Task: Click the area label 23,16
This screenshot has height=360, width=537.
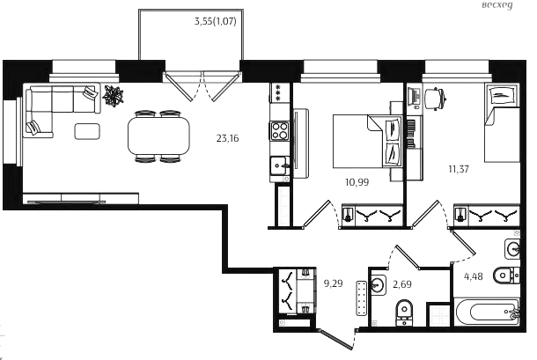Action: tap(227, 138)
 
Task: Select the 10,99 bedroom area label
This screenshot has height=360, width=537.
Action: tap(357, 182)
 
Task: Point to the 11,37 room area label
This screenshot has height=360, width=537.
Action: tap(459, 169)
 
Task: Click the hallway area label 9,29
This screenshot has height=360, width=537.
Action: tap(334, 283)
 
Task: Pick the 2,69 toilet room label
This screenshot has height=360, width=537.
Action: tap(402, 284)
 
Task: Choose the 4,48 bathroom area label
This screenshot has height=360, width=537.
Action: tap(474, 276)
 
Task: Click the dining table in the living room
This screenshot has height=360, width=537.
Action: tap(158, 136)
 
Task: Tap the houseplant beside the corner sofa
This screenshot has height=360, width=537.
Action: tap(113, 94)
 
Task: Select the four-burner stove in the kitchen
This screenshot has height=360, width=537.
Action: tap(279, 131)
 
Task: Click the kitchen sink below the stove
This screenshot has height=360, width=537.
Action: tap(279, 165)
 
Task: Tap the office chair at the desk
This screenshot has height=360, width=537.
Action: tap(435, 99)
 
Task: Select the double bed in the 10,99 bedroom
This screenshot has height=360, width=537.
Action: tap(367, 141)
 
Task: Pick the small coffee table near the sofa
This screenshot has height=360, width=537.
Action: tap(87, 131)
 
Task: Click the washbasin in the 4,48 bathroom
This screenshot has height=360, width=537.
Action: tap(512, 249)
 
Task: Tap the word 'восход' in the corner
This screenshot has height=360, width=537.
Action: tap(497, 5)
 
